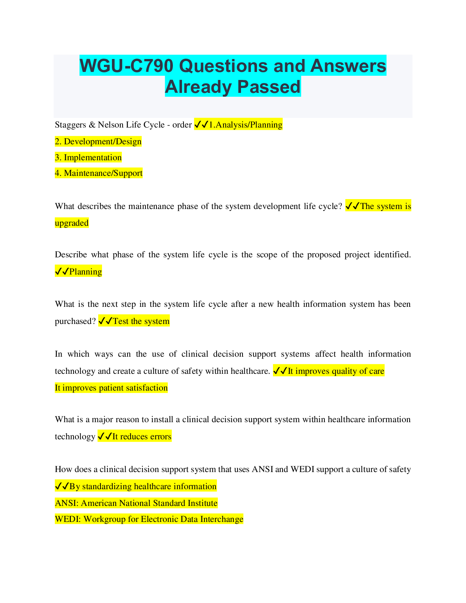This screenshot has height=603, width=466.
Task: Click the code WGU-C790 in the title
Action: (x=127, y=66)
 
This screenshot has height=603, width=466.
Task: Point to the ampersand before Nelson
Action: (x=92, y=125)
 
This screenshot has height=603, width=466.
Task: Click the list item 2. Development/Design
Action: (x=98, y=142)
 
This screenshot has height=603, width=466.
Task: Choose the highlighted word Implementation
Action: (x=93, y=158)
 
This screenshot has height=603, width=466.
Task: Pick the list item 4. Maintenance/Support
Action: (x=99, y=173)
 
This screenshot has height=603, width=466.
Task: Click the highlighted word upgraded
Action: (x=72, y=223)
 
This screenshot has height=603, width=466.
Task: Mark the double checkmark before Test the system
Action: (x=105, y=321)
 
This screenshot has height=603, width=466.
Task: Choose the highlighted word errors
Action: (x=161, y=437)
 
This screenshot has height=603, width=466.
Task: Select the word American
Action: (x=99, y=503)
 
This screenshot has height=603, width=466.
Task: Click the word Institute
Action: (x=203, y=503)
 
